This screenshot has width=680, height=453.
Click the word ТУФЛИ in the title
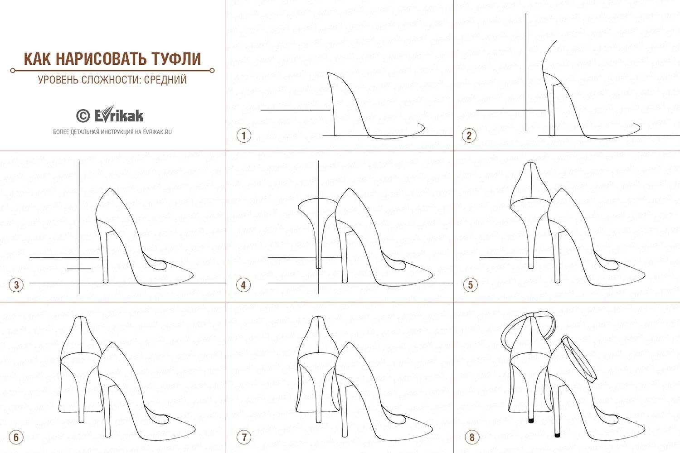(x=176, y=59)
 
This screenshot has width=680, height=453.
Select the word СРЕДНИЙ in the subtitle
(x=165, y=79)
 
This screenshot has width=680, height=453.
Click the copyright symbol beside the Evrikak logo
(x=83, y=116)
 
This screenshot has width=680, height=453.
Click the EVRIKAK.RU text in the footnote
(x=157, y=132)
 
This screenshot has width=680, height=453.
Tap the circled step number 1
(x=243, y=135)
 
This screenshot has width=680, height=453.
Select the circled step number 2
(x=469, y=135)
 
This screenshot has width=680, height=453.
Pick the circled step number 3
(x=16, y=285)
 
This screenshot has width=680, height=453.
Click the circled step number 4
(x=243, y=285)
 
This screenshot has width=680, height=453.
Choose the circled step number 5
(x=470, y=285)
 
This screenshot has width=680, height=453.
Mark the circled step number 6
(x=16, y=437)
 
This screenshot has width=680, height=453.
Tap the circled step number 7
(x=243, y=437)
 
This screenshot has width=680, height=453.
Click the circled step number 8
(x=471, y=437)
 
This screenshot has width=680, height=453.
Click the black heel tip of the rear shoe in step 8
(x=531, y=421)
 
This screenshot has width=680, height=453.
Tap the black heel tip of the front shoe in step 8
(x=557, y=435)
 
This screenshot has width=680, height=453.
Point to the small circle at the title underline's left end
(x=12, y=71)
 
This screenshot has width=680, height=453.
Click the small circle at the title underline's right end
(x=212, y=71)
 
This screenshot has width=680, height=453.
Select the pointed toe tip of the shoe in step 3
(x=193, y=275)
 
